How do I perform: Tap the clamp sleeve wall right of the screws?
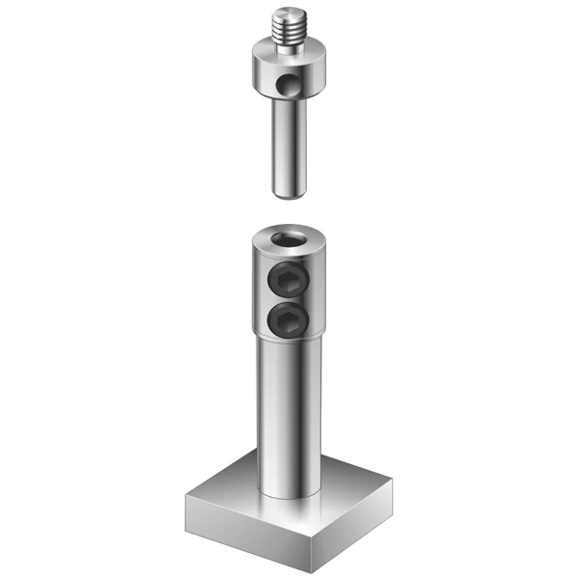tap(315, 289)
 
